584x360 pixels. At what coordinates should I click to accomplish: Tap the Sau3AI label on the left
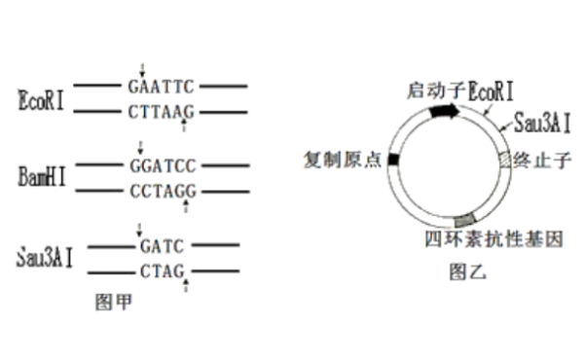coord(43,257)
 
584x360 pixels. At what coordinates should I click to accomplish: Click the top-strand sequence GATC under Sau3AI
coord(156,244)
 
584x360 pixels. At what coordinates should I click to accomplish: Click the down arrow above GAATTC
coord(142,71)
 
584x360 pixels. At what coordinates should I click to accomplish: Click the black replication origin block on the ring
coord(393,159)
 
